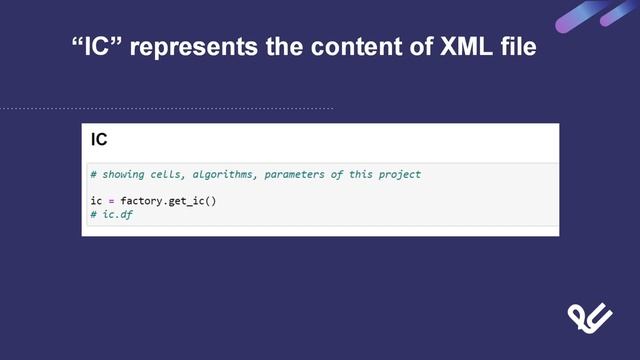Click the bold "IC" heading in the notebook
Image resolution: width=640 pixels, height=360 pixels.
pyautogui.click(x=99, y=140)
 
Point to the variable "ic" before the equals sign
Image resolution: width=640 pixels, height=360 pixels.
pyautogui.click(x=96, y=201)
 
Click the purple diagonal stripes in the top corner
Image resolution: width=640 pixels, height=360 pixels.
pyautogui.click(x=598, y=15)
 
